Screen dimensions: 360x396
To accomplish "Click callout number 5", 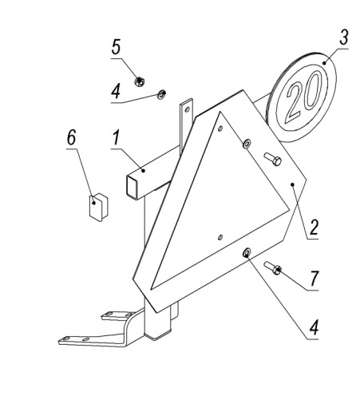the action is [116, 47].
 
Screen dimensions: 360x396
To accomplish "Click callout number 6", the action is [71, 137].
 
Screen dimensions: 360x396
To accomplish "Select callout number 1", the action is [116, 138].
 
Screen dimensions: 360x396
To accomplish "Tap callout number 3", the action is [343, 37].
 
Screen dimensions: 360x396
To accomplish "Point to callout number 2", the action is [314, 228].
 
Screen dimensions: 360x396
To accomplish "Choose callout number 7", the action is [314, 278].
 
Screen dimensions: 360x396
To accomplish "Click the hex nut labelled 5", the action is [139, 81].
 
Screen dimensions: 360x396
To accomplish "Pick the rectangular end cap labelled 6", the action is [98, 207].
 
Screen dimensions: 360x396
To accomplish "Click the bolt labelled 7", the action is [273, 268].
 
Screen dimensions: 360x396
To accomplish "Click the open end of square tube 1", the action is [131, 186].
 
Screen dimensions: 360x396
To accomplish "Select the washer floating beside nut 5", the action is [161, 94].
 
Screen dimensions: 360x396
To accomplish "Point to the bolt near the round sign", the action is [273, 159].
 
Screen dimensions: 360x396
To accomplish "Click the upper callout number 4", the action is [116, 91].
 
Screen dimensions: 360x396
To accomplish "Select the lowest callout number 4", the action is [314, 327].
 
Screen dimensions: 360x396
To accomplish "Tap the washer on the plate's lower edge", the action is [247, 252].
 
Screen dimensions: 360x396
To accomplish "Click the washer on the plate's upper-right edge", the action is [247, 144].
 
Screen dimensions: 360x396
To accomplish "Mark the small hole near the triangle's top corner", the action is [220, 129].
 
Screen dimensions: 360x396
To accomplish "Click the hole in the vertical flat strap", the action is [187, 109].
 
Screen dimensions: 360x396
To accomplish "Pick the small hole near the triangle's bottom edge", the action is [220, 237].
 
